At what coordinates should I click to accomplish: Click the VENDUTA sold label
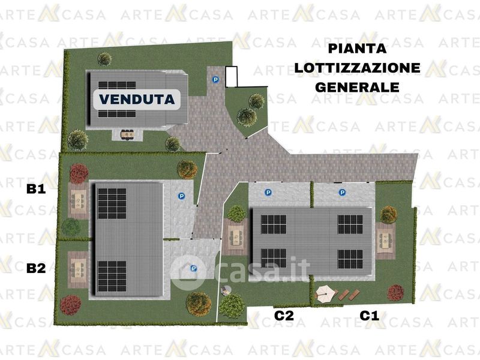pyautogui.click(x=137, y=99)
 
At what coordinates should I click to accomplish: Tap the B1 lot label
pyautogui.click(x=36, y=189)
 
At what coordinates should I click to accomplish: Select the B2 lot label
pyautogui.click(x=36, y=268)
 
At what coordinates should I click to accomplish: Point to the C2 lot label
pyautogui.click(x=284, y=316)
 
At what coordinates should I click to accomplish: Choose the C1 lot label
pyautogui.click(x=369, y=316)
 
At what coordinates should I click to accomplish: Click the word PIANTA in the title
pyautogui.click(x=357, y=49)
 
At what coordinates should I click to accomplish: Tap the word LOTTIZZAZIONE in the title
pyautogui.click(x=357, y=68)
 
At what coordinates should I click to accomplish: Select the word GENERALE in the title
pyautogui.click(x=357, y=87)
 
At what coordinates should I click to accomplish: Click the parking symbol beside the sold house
pyautogui.click(x=216, y=80)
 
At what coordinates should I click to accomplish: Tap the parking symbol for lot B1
pyautogui.click(x=182, y=196)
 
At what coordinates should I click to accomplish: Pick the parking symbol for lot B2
pyautogui.click(x=193, y=268)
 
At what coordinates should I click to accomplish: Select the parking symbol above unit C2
pyautogui.click(x=268, y=192)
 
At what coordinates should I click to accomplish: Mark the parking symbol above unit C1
pyautogui.click(x=342, y=192)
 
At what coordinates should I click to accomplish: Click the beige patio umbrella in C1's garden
pyautogui.click(x=326, y=293)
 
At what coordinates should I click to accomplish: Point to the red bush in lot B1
pyautogui.click(x=79, y=173)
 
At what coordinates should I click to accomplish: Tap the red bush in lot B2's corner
pyautogui.click(x=70, y=305)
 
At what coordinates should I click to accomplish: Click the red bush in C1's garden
pyautogui.click(x=395, y=293)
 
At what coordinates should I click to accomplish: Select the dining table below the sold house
pyautogui.click(x=127, y=134)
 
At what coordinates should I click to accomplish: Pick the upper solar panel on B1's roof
pyautogui.click(x=112, y=203)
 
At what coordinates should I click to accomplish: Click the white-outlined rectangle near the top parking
pyautogui.click(x=232, y=77)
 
